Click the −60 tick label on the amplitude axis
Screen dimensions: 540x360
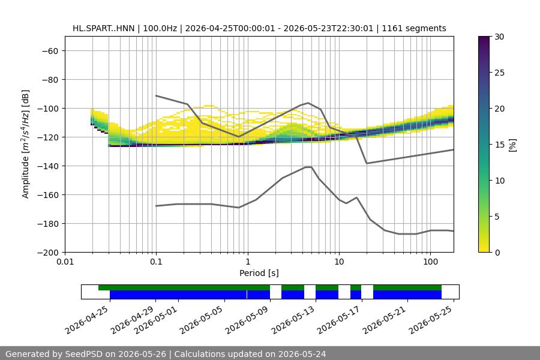[x=50, y=51]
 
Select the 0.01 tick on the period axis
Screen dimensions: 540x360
[x=65, y=262]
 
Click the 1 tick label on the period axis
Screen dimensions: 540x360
[x=248, y=262]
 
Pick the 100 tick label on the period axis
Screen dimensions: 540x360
[x=430, y=262]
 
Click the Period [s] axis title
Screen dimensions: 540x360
[x=259, y=273]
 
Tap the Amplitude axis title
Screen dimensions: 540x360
[x=26, y=144]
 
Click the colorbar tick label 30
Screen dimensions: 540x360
[x=499, y=37]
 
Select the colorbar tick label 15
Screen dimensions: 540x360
[x=499, y=145]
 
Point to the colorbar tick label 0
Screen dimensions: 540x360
[x=497, y=253]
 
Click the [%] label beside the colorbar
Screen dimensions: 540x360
[x=513, y=145]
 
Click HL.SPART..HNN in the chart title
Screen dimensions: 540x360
[x=103, y=28]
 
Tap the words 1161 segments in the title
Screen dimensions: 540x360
[x=414, y=28]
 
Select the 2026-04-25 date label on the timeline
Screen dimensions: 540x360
[x=88, y=320]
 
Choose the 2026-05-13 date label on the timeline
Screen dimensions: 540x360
[x=293, y=320]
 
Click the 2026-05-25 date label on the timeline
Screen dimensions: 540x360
[x=431, y=320]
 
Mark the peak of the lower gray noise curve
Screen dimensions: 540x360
[x=308, y=167]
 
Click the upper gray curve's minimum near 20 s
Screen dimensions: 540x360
[x=367, y=163]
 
